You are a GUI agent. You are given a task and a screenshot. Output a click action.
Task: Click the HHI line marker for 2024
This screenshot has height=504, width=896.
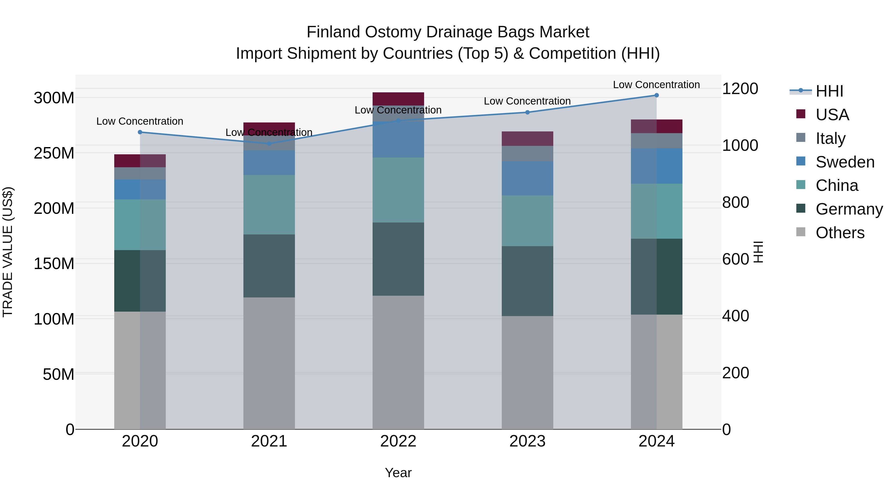click(656, 95)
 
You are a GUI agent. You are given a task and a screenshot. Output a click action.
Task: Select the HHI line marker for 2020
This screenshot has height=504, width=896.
click(140, 132)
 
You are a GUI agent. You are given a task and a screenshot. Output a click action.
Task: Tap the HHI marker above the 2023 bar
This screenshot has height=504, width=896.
click(527, 112)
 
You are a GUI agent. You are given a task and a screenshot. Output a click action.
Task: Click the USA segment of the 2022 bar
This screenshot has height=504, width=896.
click(398, 99)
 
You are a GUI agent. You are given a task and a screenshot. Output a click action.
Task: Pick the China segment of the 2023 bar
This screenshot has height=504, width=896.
click(527, 221)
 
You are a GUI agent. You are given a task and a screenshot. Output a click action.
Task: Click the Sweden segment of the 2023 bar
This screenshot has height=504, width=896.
click(527, 178)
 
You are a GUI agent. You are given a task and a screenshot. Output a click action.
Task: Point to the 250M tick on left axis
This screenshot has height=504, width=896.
click(54, 153)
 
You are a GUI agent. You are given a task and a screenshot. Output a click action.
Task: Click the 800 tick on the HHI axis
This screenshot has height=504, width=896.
click(735, 202)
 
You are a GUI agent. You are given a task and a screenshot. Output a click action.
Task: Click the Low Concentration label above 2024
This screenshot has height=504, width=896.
click(656, 85)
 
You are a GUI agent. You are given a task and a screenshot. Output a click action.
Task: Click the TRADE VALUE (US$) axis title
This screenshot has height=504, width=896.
click(8, 252)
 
